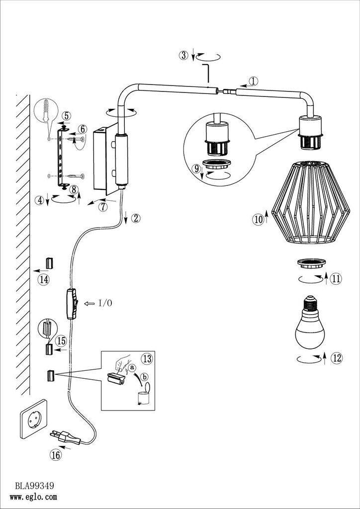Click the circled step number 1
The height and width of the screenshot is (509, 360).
pyautogui.click(x=253, y=82)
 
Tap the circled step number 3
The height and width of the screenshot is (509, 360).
pyautogui.click(x=184, y=56)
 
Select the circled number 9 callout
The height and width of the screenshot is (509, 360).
pyautogui.click(x=197, y=169)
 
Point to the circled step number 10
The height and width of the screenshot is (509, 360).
pyautogui.click(x=258, y=219)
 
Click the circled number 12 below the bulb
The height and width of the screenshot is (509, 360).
pyautogui.click(x=337, y=358)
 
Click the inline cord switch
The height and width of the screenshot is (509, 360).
pyautogui.click(x=71, y=303)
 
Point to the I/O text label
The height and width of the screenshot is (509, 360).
pyautogui.click(x=105, y=303)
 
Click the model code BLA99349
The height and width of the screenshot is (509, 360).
pyautogui.click(x=34, y=485)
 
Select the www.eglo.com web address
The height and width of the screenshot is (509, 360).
pyautogui.click(x=36, y=496)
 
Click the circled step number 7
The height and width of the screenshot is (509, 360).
pyautogui.click(x=103, y=207)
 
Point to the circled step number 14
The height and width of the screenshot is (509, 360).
pyautogui.click(x=44, y=280)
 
